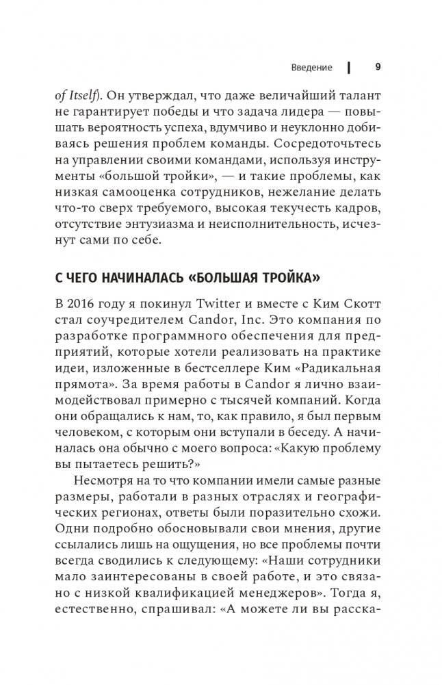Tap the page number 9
click(378, 67)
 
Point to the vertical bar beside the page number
click(349, 68)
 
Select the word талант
click(362, 96)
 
